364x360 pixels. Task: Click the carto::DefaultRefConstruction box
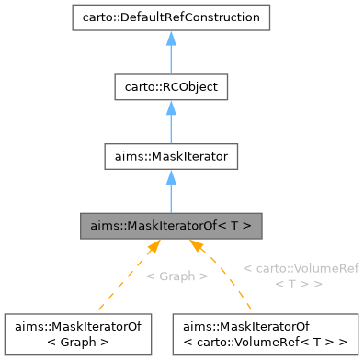(171, 17)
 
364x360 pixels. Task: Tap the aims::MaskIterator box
(171, 157)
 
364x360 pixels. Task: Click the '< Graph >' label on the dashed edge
(176, 276)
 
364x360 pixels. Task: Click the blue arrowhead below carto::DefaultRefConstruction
(171, 39)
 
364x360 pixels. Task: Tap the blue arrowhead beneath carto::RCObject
(171, 108)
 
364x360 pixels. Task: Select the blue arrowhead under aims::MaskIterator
(171, 178)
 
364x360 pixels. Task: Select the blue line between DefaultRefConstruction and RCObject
(171, 61)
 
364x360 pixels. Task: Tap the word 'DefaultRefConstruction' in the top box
(190, 17)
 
